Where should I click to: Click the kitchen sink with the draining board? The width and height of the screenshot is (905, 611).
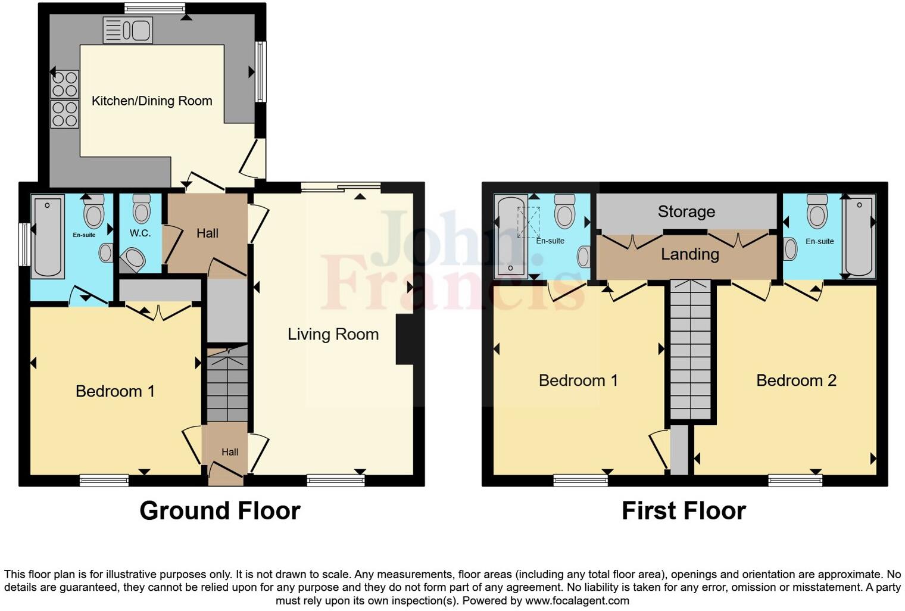[127, 30]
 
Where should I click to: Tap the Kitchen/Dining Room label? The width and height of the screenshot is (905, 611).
[152, 101]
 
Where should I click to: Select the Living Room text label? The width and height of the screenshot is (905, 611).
[333, 334]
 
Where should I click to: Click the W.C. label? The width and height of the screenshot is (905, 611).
[140, 233]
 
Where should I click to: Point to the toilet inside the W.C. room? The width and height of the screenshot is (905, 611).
[142, 208]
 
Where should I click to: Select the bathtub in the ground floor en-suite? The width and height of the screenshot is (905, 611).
[48, 236]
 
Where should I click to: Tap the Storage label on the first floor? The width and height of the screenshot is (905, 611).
[686, 211]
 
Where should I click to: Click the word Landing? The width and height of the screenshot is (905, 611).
[689, 254]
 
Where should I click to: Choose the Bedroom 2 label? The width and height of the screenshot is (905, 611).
[796, 381]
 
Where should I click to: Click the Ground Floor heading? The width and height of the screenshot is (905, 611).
[220, 511]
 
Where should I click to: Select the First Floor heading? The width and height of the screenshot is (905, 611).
[684, 511]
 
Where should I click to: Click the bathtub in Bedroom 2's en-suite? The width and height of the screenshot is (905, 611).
[859, 236]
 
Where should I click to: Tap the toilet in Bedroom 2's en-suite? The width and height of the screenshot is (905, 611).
[817, 209]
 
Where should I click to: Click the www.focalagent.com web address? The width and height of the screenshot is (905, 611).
[577, 600]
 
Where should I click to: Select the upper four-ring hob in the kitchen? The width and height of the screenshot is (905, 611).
[64, 84]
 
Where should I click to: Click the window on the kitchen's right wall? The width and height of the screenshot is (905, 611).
[260, 71]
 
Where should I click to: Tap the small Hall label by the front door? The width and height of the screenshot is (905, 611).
[230, 452]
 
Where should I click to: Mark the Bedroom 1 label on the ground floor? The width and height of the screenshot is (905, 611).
[115, 391]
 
